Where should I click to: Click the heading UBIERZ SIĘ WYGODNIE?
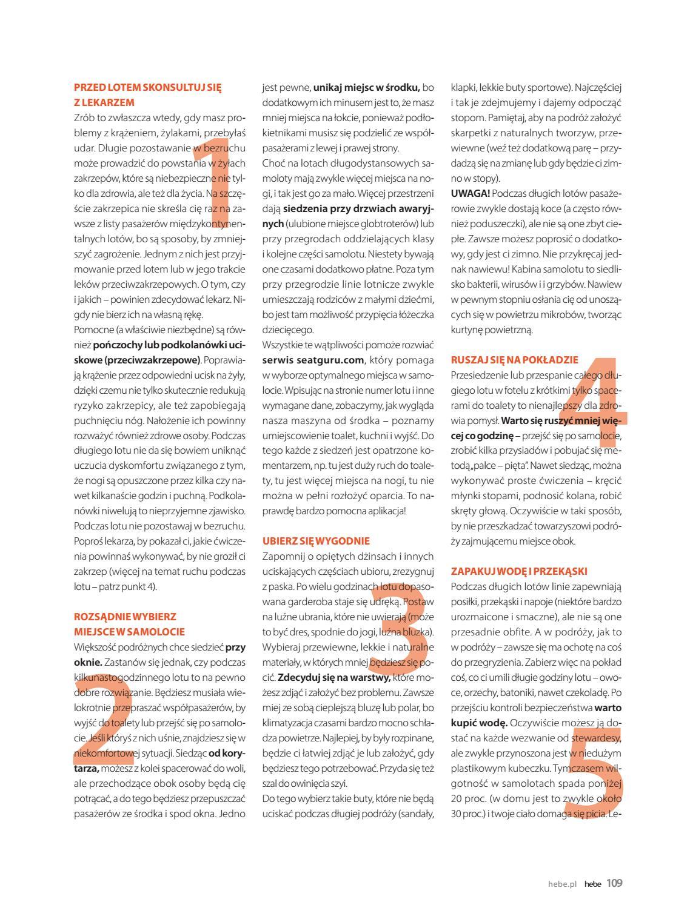pyautogui.click(x=316, y=541)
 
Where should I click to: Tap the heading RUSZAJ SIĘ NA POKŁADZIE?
pyautogui.click(x=515, y=360)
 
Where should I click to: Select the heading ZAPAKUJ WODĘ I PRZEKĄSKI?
pyautogui.click(x=520, y=571)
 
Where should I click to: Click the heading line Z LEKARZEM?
pyautogui.click(x=104, y=102)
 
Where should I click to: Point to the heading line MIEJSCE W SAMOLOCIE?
pyautogui.click(x=129, y=632)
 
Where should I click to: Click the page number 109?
pyautogui.click(x=614, y=883)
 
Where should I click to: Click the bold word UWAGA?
pyautogui.click(x=471, y=193)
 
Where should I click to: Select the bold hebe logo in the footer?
pyautogui.click(x=592, y=884)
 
